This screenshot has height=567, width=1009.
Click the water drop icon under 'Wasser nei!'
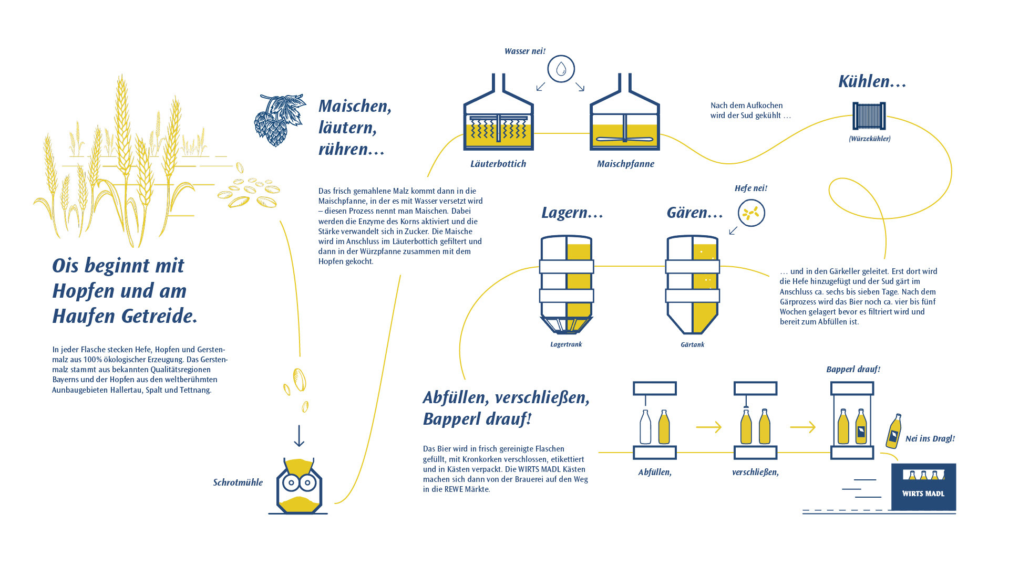point(561,69)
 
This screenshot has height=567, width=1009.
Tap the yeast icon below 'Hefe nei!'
point(751,213)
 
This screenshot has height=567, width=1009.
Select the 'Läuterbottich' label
point(498,164)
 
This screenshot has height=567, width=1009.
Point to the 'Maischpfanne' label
point(625,164)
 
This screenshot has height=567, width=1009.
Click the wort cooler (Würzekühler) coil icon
point(869,116)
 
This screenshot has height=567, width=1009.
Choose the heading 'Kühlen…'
point(872,81)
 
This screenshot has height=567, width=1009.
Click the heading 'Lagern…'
point(572,213)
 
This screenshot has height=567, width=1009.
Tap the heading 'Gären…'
point(695,213)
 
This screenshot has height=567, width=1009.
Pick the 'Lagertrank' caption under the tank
point(566,344)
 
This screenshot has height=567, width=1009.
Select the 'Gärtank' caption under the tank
point(692,344)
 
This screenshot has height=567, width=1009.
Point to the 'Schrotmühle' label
point(238,482)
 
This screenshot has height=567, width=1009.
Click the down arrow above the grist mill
point(299,436)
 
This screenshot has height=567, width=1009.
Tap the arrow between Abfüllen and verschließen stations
point(709,427)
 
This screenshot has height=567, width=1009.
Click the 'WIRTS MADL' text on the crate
point(923,493)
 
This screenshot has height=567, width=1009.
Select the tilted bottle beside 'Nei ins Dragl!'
point(894,431)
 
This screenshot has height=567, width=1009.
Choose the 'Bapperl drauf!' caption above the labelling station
point(853,370)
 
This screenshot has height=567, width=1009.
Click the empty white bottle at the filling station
point(645,427)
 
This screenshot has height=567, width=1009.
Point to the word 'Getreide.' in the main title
point(159,316)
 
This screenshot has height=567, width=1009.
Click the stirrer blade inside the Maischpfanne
point(625,140)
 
